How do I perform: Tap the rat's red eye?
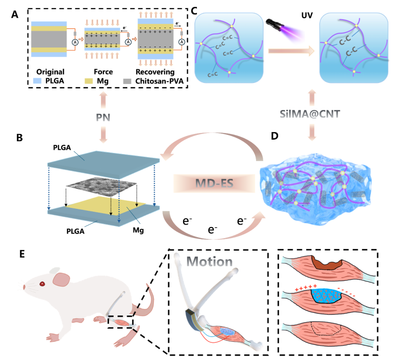(x=42, y=284)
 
